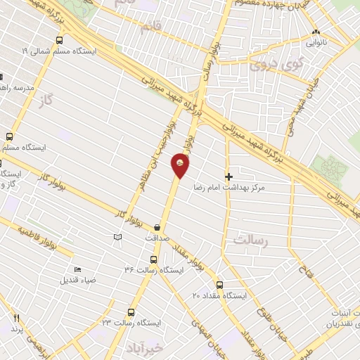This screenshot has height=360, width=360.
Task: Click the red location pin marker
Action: [x=180, y=165]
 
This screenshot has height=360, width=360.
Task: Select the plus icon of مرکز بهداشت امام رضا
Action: [x=228, y=176]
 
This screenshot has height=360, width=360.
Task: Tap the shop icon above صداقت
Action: [x=156, y=227]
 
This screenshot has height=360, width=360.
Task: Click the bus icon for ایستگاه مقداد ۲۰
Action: [x=220, y=285]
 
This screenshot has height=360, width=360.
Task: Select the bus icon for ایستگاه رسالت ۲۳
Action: [x=131, y=312]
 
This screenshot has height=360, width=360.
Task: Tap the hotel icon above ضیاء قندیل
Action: [x=77, y=269]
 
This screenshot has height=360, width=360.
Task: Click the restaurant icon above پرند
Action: [x=15, y=317]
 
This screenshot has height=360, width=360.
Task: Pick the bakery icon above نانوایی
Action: [x=316, y=32]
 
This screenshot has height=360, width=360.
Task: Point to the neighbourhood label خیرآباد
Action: [x=146, y=348]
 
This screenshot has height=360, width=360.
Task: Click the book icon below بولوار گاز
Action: [x=117, y=239]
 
